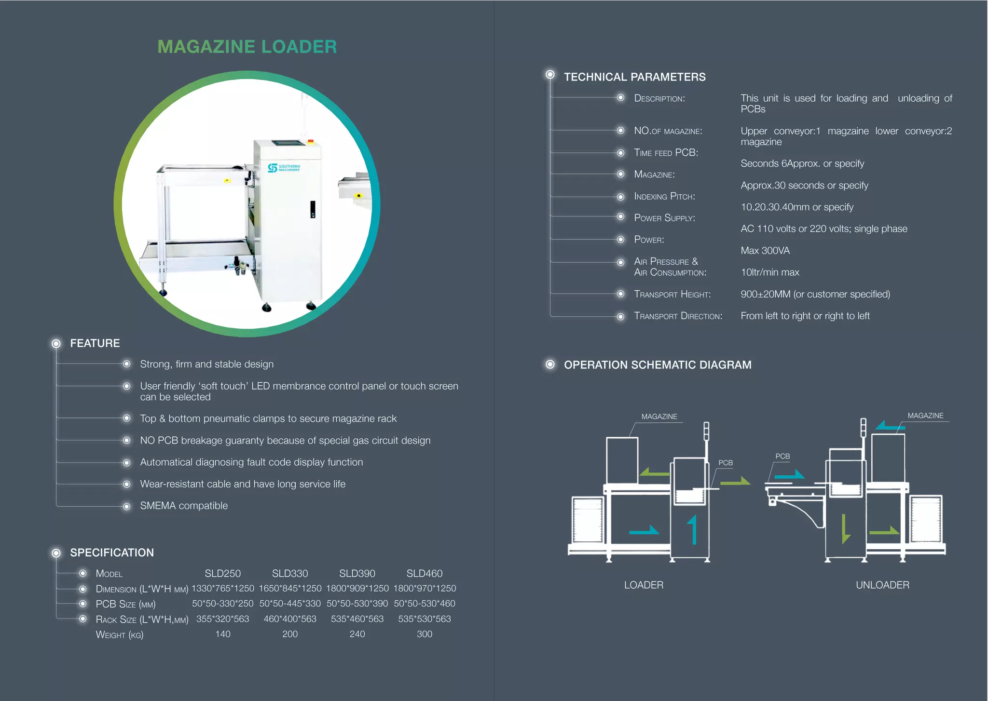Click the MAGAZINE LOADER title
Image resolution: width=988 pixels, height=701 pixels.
pos(247,47)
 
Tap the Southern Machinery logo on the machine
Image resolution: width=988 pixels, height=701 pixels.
pos(284,168)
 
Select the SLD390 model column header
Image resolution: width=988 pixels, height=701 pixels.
pos(357,573)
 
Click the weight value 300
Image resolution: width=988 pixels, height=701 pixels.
pos(424,634)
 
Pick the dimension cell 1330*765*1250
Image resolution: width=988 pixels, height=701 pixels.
pos(223,588)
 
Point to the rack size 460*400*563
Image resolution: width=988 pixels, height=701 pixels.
pos(290,619)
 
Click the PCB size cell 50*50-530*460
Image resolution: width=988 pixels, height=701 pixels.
pos(424,604)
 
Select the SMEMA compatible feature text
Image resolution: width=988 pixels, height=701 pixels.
pos(184,506)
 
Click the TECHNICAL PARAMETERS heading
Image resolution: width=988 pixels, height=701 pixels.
pos(634,77)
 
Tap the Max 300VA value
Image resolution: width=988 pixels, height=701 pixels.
pos(765,251)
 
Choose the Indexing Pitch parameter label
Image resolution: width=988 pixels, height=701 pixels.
pos(664,197)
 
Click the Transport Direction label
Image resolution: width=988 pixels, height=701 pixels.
pos(678,316)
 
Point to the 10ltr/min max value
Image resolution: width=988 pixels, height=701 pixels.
pos(770,272)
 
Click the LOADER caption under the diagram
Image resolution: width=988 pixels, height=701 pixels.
pos(644,585)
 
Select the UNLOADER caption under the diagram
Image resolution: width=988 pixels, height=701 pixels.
pos(882,585)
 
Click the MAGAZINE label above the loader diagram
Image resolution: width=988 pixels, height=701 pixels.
pos(659,417)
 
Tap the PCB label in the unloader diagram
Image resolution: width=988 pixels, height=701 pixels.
pos(782,456)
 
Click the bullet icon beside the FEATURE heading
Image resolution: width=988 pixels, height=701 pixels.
pos(56,343)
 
